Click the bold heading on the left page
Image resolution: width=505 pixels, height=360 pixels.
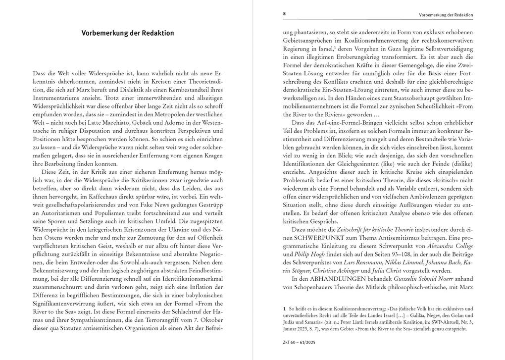(x=128, y=33)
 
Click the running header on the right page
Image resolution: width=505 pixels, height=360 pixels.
(x=446, y=15)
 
